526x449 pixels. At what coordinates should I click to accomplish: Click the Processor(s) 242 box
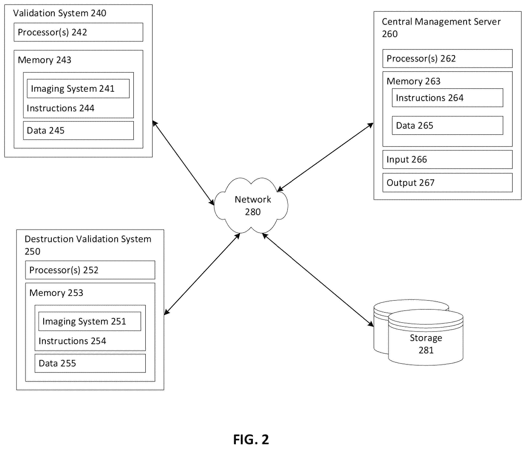click(x=78, y=32)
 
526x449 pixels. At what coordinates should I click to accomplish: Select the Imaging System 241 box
click(x=78, y=89)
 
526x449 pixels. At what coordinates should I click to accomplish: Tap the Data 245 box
click(x=78, y=130)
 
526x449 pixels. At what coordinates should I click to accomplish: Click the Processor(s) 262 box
click(x=447, y=59)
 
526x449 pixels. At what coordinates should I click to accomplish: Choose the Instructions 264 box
click(x=447, y=98)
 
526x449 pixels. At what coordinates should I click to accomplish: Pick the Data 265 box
click(x=447, y=125)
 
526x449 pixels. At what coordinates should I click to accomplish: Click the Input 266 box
click(x=447, y=159)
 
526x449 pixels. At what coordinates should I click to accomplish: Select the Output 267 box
click(x=447, y=183)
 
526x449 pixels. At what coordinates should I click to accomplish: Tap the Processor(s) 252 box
click(x=90, y=270)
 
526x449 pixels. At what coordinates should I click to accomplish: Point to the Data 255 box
click(x=90, y=363)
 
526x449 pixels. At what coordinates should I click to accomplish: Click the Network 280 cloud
click(x=251, y=205)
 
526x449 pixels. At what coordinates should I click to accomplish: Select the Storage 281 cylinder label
click(x=426, y=344)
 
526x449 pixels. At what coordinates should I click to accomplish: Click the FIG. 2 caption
click(x=251, y=439)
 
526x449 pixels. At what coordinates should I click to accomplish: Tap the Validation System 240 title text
click(x=60, y=13)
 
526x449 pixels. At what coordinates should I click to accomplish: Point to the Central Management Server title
click(x=441, y=28)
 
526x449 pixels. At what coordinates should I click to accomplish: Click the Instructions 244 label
click(x=61, y=108)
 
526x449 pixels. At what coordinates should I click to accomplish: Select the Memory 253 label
click(x=56, y=293)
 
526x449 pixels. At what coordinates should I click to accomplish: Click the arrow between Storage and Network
click(x=318, y=280)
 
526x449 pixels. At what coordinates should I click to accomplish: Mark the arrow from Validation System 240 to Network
click(x=183, y=163)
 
